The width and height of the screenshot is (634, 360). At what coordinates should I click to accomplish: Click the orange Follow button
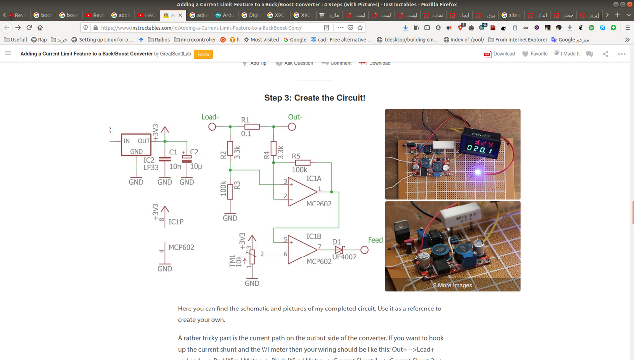203,54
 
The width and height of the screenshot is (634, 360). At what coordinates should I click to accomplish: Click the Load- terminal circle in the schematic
212,127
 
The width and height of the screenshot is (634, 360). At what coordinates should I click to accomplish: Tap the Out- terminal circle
292,127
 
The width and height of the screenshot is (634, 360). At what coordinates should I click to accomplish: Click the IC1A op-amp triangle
302,192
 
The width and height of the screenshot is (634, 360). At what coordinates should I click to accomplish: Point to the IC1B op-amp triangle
302,249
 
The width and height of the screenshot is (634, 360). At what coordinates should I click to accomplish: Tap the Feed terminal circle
364,250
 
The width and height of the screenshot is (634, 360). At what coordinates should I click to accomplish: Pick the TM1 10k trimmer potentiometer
252,257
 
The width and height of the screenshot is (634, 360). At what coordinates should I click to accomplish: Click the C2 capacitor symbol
187,159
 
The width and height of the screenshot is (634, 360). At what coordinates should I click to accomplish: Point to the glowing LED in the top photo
478,172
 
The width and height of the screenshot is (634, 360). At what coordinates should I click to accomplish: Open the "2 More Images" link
452,285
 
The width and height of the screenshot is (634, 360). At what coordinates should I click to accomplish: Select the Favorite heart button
534,54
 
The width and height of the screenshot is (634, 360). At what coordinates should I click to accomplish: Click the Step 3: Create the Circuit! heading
315,98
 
